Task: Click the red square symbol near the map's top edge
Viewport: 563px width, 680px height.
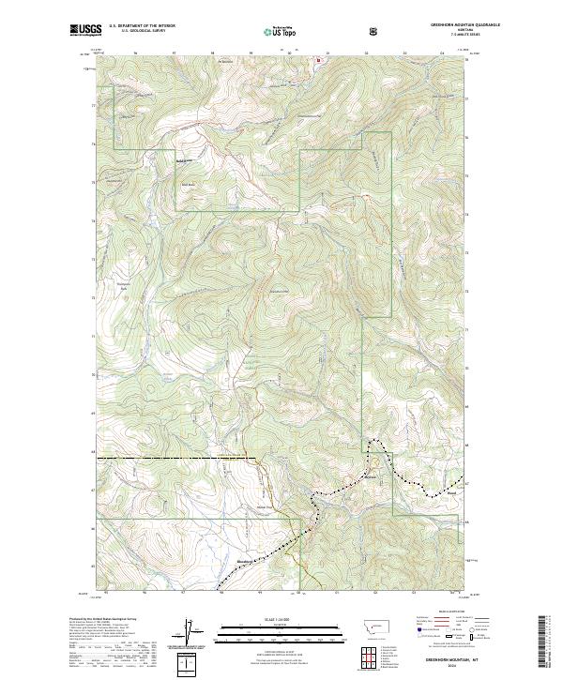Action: point(318,60)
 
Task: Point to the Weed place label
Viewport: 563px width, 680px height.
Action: point(451,492)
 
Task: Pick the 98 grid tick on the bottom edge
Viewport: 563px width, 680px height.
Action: point(222,593)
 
